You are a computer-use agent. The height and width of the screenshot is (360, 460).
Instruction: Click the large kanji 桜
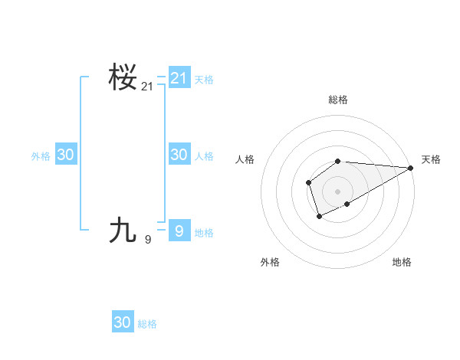click(x=123, y=78)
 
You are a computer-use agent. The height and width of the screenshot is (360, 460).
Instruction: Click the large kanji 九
click(x=123, y=229)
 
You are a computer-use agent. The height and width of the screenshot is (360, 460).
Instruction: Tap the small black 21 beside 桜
click(x=147, y=87)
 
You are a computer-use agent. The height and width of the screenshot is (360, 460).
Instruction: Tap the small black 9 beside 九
click(x=148, y=239)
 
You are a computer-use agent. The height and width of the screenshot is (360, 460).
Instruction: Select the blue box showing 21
click(x=179, y=77)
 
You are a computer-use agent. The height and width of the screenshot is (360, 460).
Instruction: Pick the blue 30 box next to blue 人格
click(x=179, y=154)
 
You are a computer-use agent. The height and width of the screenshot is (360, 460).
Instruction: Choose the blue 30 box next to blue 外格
click(x=66, y=155)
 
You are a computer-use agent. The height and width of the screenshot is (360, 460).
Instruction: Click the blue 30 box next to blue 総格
click(x=123, y=322)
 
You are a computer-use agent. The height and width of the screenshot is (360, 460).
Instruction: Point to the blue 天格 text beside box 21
click(x=204, y=79)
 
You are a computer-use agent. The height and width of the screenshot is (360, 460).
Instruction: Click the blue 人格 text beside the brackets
click(x=204, y=156)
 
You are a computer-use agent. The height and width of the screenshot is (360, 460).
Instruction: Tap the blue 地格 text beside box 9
click(x=204, y=233)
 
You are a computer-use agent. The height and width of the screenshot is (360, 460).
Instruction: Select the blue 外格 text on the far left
click(x=41, y=156)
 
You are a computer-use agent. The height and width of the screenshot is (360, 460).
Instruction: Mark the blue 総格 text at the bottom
click(x=147, y=324)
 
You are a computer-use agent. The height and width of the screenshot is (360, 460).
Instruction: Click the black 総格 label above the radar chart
click(x=337, y=100)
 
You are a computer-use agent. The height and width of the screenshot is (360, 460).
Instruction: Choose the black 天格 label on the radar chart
click(x=431, y=159)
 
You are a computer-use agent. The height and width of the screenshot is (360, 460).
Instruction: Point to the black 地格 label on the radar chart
click(x=402, y=262)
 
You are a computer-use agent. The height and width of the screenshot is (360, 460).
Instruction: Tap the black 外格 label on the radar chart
click(x=270, y=262)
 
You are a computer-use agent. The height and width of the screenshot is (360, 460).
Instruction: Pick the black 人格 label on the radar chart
click(x=245, y=159)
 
